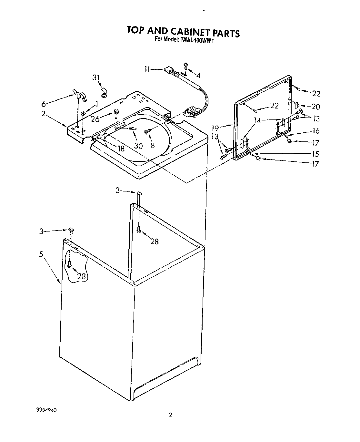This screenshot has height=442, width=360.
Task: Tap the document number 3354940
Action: click(x=45, y=409)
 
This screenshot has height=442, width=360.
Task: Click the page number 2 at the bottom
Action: click(x=170, y=415)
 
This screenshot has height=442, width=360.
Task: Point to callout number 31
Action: click(x=96, y=77)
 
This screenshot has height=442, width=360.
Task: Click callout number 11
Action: click(x=147, y=69)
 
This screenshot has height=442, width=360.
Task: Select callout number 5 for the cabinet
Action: click(x=41, y=254)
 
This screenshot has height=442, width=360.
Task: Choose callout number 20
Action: click(x=316, y=107)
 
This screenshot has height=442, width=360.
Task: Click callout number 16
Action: click(x=316, y=131)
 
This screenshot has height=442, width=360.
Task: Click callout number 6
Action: click(x=44, y=104)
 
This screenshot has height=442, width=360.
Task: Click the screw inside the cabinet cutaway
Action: click(x=69, y=264)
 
